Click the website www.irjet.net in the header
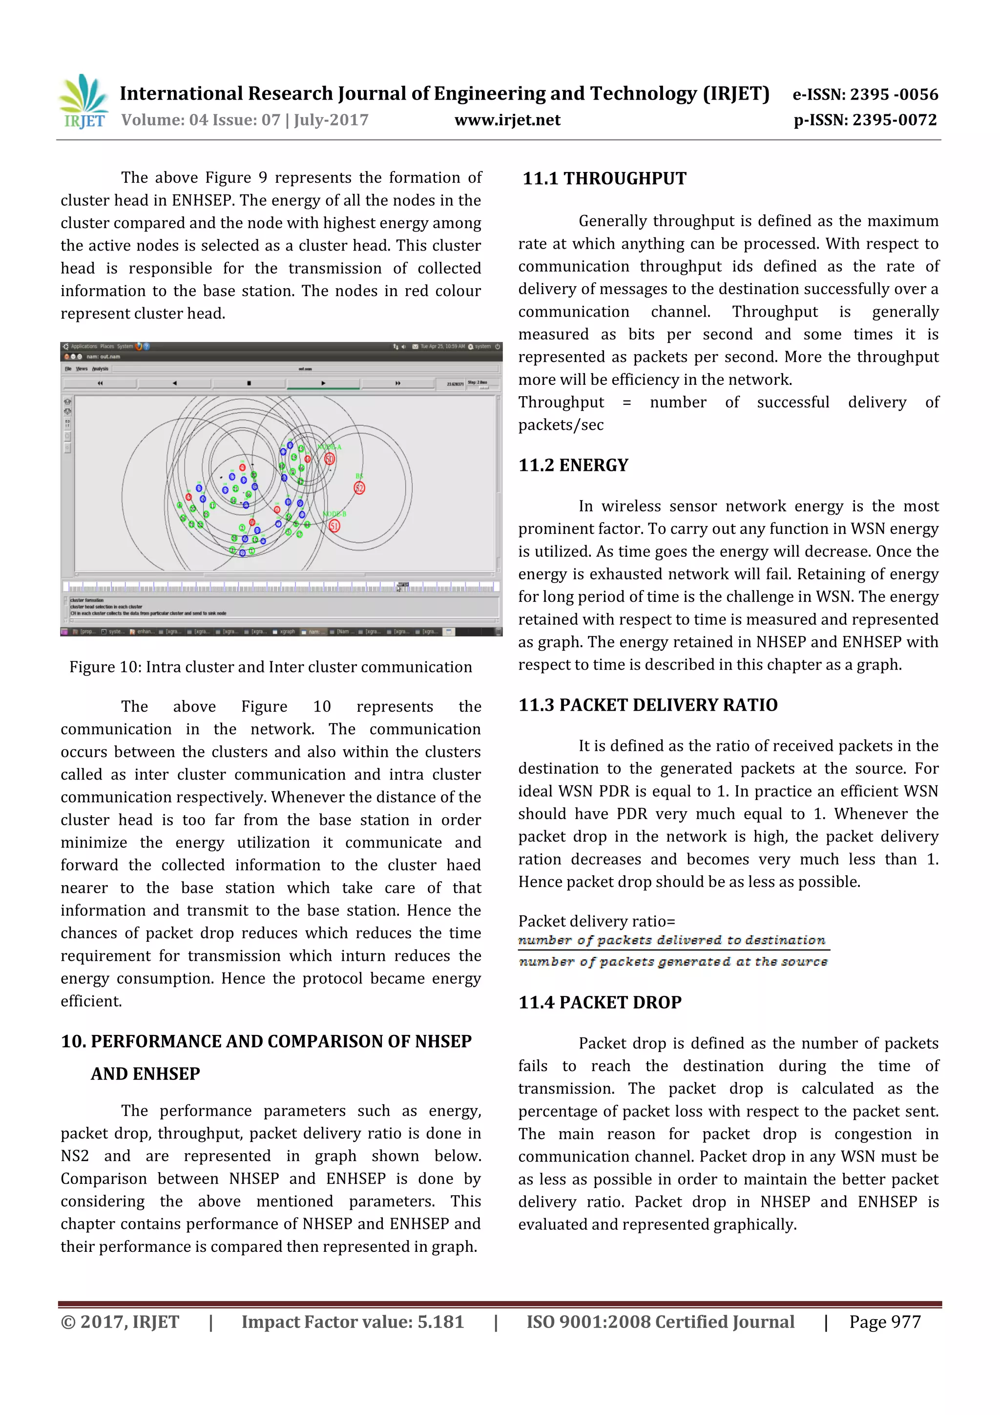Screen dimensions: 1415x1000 (507, 120)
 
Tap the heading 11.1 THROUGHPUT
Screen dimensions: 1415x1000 (604, 179)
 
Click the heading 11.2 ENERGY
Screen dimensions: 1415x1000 (573, 465)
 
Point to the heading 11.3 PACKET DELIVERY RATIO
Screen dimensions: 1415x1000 (647, 705)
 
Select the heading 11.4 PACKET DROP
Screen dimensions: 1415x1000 (600, 1003)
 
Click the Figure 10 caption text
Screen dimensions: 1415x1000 (271, 667)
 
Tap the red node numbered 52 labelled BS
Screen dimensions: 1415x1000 (359, 488)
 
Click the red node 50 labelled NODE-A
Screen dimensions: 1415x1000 (330, 459)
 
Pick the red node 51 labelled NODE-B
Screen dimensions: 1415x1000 (334, 526)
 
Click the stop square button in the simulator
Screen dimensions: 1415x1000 (249, 383)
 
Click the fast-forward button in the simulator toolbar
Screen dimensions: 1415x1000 (397, 383)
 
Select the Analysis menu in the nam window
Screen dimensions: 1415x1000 (100, 369)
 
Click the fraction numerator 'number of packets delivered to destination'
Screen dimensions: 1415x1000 (671, 940)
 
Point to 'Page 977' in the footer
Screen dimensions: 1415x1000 (884, 1321)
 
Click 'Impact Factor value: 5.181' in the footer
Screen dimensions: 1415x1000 (352, 1321)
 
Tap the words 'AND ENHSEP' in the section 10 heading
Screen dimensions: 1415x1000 (146, 1074)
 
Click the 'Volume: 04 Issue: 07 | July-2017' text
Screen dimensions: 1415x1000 (245, 120)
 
